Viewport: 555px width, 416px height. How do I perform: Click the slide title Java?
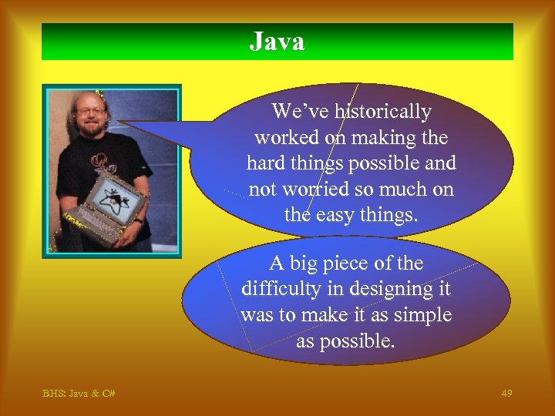coord(277,42)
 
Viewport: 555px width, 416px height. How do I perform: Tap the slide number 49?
coord(506,394)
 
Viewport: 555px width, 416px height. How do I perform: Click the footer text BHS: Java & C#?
coord(79,394)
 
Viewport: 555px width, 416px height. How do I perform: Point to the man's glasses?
coord(90,112)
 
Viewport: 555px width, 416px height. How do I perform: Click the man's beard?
coord(92,129)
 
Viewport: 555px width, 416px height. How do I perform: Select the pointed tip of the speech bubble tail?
coord(117,122)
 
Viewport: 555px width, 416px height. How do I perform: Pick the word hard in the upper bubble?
coord(267,163)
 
